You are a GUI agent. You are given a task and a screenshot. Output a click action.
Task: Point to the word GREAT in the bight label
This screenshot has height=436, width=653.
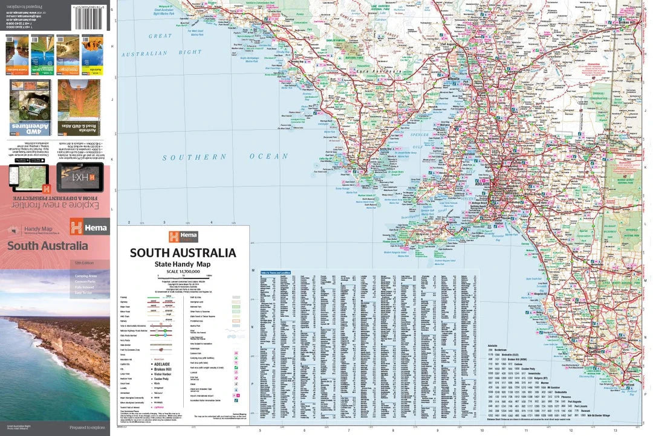coord(160,36)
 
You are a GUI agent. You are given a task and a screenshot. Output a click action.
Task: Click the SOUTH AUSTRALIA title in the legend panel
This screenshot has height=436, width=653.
coord(183,253)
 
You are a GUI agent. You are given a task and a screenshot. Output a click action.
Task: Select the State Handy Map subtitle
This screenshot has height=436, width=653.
coord(183,265)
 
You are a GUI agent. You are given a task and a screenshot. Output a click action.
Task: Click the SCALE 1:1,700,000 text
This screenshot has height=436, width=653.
coord(183,272)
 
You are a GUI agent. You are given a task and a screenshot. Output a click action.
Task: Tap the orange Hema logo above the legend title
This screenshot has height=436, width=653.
coord(183,237)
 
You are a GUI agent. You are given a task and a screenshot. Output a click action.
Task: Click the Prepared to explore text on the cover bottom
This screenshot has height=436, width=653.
coord(86,428)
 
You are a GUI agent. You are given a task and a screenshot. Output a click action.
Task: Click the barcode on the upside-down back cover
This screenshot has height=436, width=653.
coord(88,15)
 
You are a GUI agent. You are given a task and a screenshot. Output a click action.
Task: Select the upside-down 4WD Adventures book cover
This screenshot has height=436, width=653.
coord(30,107)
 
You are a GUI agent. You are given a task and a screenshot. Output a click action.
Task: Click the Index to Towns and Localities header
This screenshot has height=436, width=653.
coord(276,273)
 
